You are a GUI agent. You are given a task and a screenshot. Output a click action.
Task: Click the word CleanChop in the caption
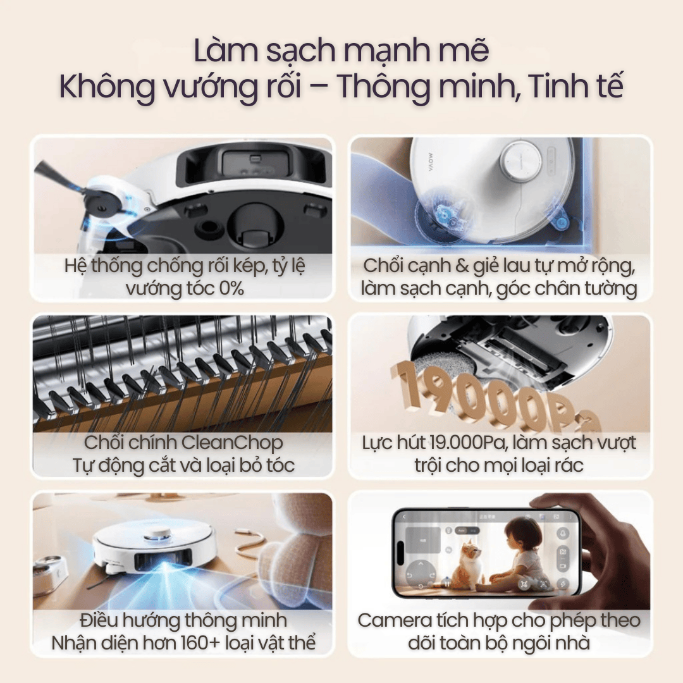coord(232,443)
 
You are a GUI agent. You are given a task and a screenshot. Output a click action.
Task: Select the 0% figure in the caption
coord(231,288)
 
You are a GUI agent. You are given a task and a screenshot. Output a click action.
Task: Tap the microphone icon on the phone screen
coord(562,533)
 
